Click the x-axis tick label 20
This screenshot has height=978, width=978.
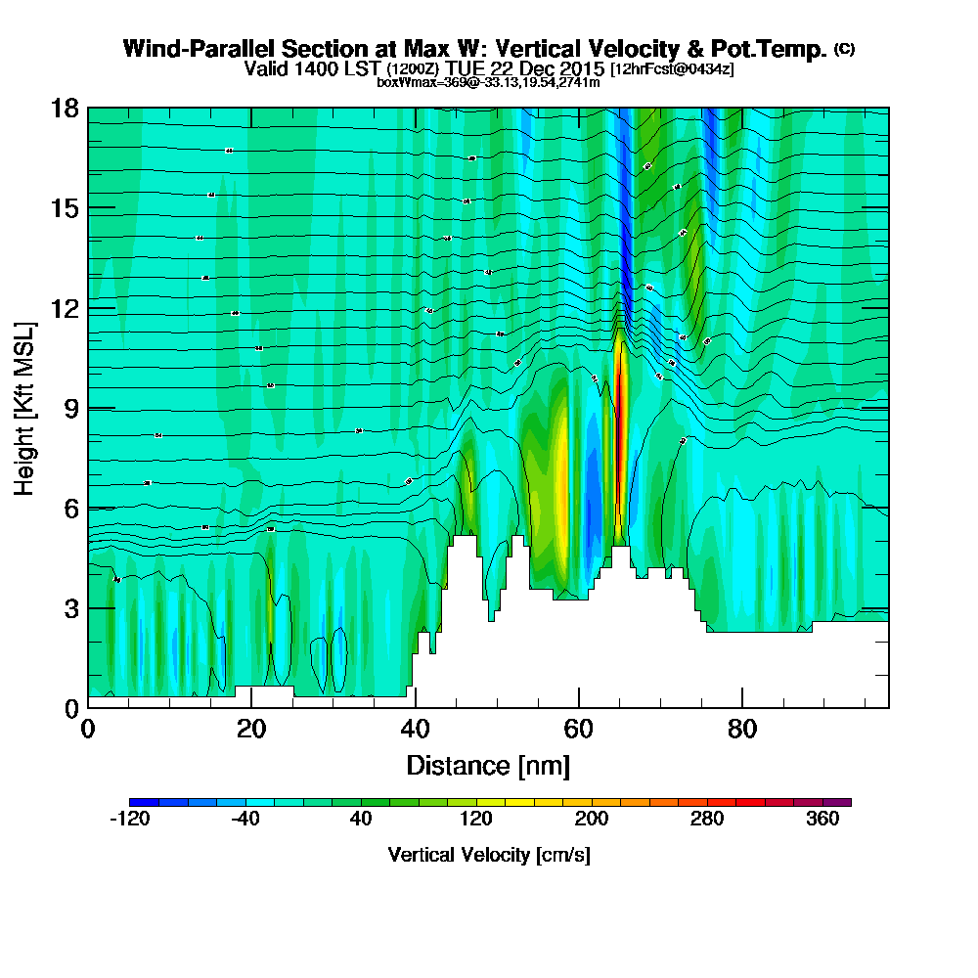251,730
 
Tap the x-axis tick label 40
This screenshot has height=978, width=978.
416,730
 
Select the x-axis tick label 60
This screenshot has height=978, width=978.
579,730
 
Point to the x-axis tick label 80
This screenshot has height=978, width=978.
742,730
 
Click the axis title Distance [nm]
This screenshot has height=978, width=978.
488,765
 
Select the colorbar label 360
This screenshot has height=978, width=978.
822,820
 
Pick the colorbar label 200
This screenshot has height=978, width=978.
592,820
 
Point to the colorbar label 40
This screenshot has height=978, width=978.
361,820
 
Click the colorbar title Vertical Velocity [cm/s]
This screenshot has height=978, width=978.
489,855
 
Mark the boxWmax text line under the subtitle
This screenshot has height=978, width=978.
488,82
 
